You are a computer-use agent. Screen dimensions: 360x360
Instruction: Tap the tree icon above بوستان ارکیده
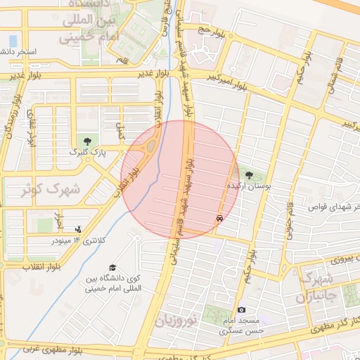[x=249, y=175]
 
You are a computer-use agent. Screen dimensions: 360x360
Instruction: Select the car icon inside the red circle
[x=220, y=219]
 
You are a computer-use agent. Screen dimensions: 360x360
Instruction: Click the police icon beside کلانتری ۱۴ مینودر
[x=78, y=229]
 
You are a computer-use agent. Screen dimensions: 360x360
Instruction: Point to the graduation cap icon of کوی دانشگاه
[x=112, y=267]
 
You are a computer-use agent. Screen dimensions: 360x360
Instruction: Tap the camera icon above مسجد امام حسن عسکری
[x=242, y=309]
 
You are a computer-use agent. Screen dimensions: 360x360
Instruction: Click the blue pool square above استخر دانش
[x=12, y=39]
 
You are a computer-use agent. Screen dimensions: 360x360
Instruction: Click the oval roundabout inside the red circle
[x=150, y=148]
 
